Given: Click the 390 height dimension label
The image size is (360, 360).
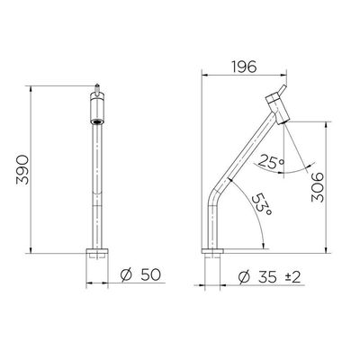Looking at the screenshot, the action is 22,170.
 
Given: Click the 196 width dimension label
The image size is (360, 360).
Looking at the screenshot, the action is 245,67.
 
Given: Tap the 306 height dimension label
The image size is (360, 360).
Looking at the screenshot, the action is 318,187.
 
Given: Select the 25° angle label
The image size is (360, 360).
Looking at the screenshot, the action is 271,161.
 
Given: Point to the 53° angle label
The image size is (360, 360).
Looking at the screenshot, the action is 262,204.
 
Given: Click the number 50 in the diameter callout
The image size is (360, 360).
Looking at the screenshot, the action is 150,274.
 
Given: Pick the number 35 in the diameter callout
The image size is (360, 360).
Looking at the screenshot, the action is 266,277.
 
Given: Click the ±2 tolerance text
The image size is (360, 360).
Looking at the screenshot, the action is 292,277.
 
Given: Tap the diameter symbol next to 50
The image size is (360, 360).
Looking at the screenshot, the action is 126,274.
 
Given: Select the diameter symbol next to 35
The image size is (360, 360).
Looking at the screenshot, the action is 244,277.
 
